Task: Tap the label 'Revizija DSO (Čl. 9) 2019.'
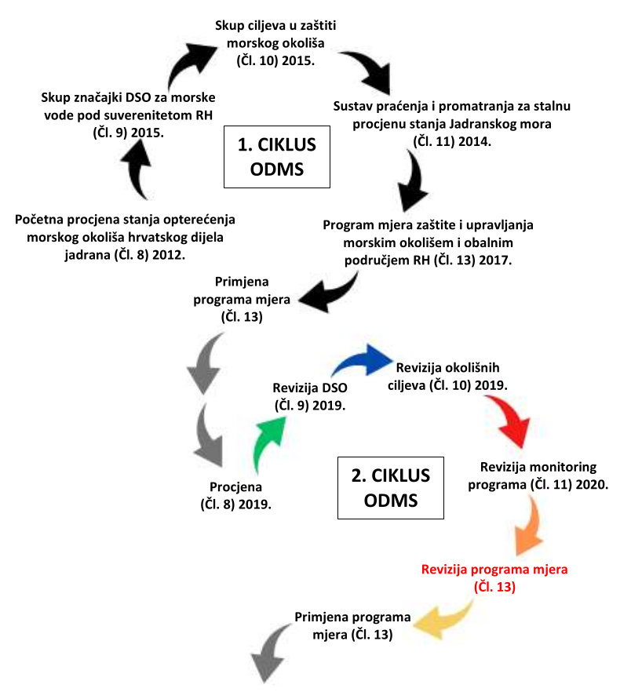[310, 397]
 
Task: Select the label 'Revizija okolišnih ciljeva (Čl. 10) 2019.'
[448, 376]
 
